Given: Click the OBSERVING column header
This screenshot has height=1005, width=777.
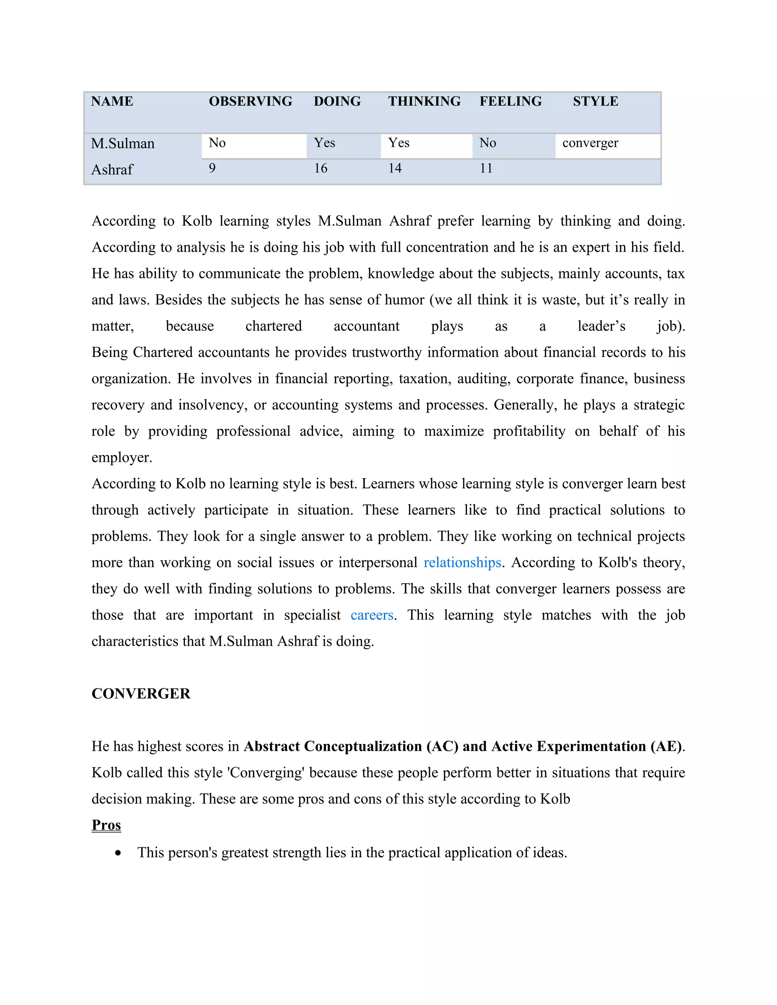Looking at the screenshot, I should [x=250, y=101].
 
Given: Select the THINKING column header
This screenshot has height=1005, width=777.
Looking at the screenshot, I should [x=424, y=101].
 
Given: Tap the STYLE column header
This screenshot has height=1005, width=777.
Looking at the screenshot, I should [x=595, y=101].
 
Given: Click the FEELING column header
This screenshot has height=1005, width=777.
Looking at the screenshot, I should [x=511, y=101].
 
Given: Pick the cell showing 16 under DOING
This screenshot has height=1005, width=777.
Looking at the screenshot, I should [x=321, y=168].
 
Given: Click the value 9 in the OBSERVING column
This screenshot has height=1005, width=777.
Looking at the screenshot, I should [x=212, y=168].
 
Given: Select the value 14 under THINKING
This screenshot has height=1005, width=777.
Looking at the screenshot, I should [x=395, y=168].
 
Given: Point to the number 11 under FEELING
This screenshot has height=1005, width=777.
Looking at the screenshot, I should [x=486, y=168].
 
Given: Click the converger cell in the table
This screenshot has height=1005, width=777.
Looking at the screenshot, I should [x=590, y=143].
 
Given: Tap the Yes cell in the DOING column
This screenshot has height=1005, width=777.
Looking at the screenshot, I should [x=324, y=143].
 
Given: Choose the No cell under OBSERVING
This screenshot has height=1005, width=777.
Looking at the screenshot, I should [x=217, y=143].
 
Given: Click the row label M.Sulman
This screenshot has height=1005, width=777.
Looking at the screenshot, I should [x=123, y=144].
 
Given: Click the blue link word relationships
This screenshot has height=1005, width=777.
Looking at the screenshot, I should [x=462, y=563].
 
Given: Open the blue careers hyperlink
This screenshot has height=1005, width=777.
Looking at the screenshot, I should [x=372, y=615].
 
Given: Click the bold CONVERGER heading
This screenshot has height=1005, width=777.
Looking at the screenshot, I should [x=141, y=694].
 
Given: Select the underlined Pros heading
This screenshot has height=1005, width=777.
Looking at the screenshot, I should [x=106, y=825].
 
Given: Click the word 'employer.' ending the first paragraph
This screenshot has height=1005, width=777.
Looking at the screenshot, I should [x=122, y=458].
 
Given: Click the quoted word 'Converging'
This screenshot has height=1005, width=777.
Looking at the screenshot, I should [x=266, y=773].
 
